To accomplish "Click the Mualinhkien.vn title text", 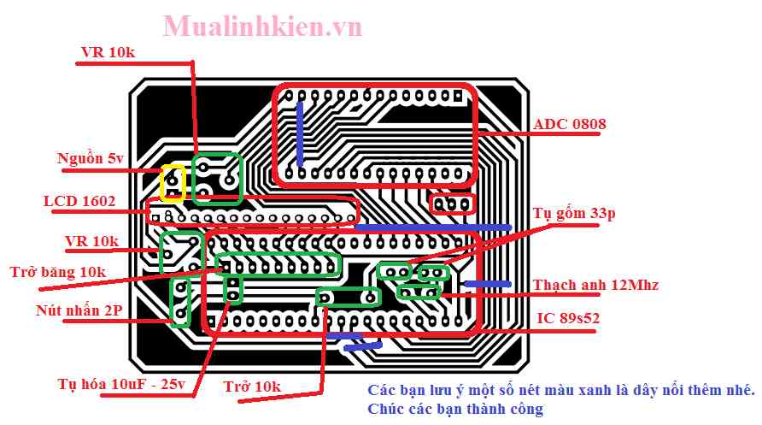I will point(262,27).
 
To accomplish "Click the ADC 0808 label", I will point(570,125).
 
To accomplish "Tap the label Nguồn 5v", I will point(91,158).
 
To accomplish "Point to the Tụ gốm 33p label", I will point(573,214).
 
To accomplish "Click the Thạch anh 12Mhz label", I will point(596,284).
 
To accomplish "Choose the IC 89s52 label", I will point(568,318).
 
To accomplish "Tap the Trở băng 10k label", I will point(59,272).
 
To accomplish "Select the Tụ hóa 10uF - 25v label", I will point(121,384).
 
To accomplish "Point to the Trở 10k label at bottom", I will point(251,387).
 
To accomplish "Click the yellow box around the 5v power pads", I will point(173,182).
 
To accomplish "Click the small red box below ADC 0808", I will point(452,204).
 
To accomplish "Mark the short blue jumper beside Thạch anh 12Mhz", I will point(487,283).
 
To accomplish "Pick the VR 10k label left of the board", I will point(91,241).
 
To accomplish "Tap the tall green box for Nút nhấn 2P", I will point(180,302).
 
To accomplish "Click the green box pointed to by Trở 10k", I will point(348,297).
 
